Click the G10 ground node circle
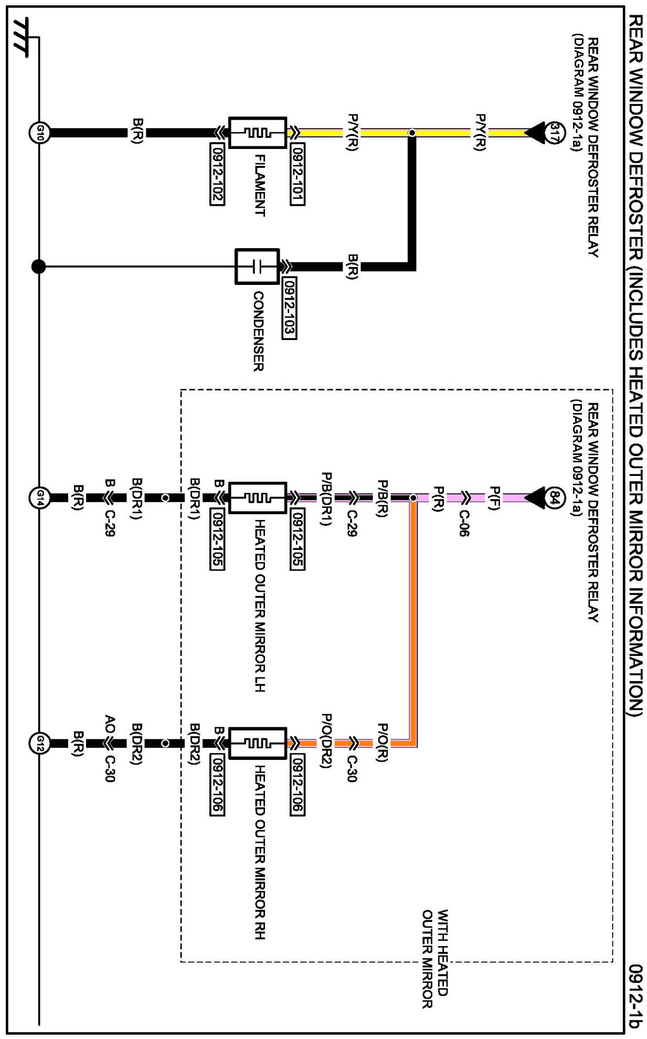tap(39, 133)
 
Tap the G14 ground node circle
tap(39, 497)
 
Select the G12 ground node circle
tap(39, 743)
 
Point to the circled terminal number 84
tap(555, 497)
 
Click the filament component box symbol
tap(258, 133)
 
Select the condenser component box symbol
tap(257, 267)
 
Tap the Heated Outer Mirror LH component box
tap(258, 497)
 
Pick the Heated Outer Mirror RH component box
tap(258, 743)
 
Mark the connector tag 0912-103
tap(289, 308)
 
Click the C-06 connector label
tap(464, 523)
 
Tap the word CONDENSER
tap(258, 332)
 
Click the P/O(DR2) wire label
tap(326, 740)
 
